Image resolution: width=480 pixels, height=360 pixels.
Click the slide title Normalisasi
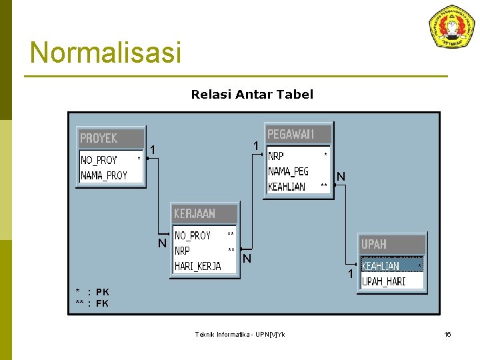[x=105, y=53]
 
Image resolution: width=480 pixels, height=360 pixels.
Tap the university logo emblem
[x=451, y=26]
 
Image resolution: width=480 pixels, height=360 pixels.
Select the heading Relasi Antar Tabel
[x=252, y=95]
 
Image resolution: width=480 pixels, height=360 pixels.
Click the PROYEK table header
[x=110, y=139]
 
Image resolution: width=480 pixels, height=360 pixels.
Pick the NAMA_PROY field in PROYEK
[x=104, y=175]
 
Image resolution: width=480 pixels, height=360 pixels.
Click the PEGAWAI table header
[x=297, y=134]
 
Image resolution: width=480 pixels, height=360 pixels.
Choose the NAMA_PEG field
[x=289, y=171]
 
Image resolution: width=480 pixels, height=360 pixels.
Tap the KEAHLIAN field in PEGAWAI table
[x=287, y=187]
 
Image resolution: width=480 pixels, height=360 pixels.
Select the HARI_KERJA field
[x=197, y=266]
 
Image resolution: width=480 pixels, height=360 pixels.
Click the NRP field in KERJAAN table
[x=183, y=251]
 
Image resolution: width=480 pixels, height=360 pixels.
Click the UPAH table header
[x=392, y=244]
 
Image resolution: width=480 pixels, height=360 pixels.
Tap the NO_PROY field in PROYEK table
[x=99, y=160]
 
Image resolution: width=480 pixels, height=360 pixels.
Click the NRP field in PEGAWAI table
[x=276, y=156]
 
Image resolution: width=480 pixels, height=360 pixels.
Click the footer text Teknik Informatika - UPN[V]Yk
[x=239, y=334]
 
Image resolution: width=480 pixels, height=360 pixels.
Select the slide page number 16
[x=448, y=334]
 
